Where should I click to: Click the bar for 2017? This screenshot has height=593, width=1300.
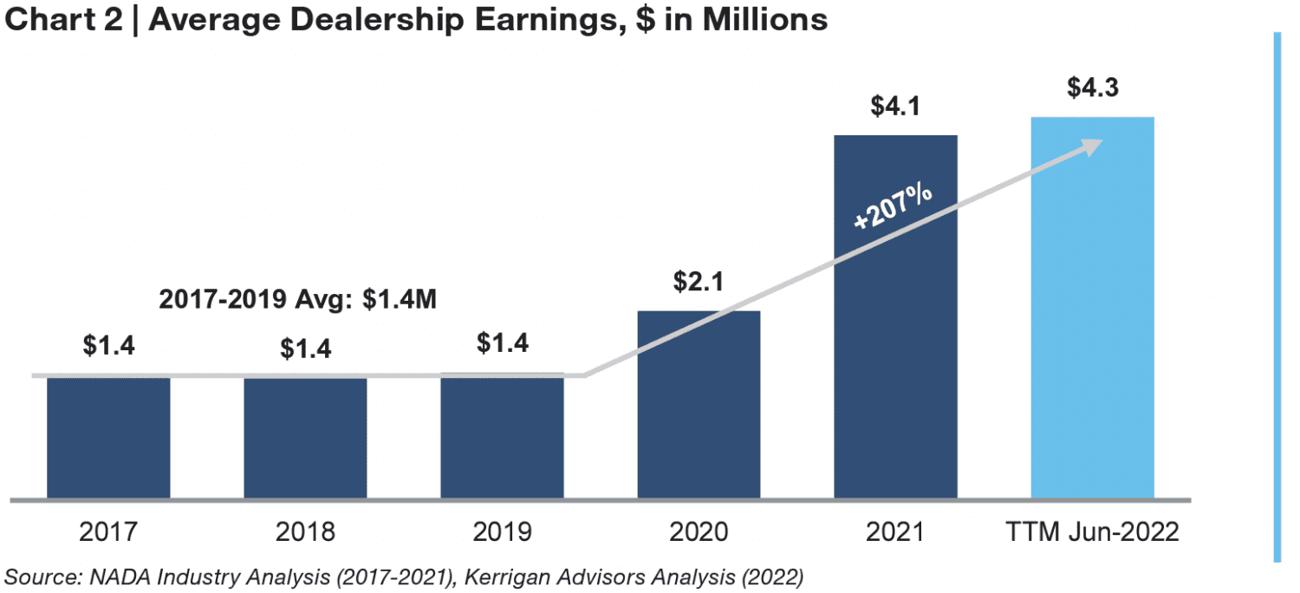(108, 438)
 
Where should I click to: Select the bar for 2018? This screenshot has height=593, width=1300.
(305, 438)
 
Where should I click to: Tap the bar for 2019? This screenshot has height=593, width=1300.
(502, 438)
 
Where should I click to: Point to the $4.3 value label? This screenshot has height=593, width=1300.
(1092, 88)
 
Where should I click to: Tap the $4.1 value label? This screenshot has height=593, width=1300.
(896, 107)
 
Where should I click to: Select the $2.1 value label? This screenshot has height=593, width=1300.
(699, 282)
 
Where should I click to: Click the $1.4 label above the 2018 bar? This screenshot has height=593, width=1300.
(305, 349)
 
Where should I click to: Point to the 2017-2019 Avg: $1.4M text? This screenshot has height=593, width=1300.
(298, 300)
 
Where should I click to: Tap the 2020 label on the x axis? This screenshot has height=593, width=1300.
(699, 531)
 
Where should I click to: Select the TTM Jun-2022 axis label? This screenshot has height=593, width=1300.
(1092, 531)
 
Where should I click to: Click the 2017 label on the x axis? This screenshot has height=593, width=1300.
(108, 531)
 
